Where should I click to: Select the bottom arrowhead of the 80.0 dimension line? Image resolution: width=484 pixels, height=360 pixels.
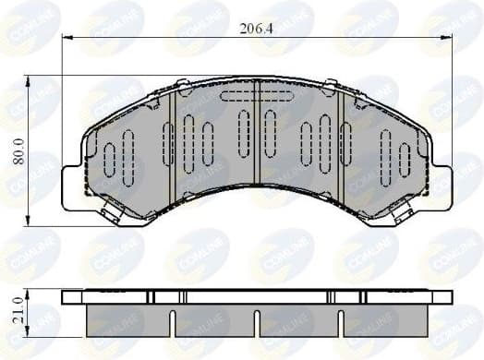pyautogui.click(x=29, y=221)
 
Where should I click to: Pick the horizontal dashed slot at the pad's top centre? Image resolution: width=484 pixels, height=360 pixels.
pyautogui.click(x=256, y=95)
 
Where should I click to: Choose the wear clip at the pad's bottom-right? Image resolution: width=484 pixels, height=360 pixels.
pyautogui.click(x=401, y=215)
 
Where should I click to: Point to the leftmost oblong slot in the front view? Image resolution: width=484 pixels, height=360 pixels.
pyautogui.click(x=109, y=159)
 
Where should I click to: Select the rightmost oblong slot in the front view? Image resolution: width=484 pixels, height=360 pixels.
pyautogui.click(x=404, y=159)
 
